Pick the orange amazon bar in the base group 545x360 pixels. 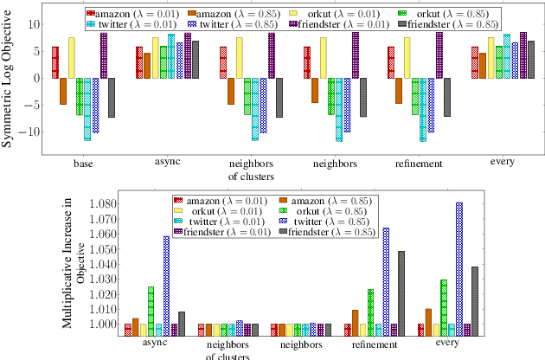tap(63, 91)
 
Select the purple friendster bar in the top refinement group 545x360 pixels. tap(439, 55)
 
